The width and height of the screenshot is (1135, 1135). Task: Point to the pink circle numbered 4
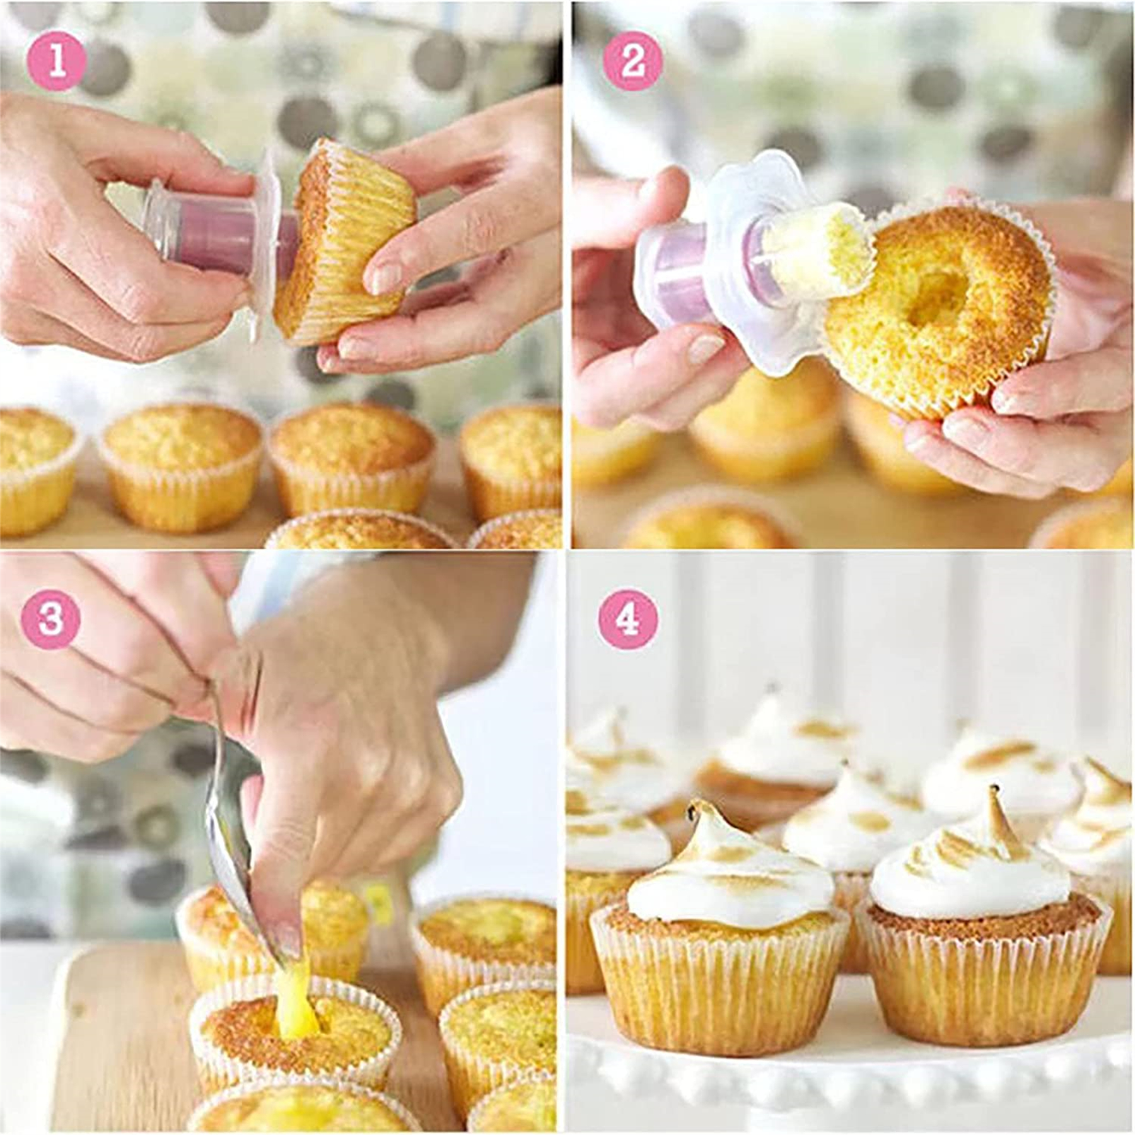pyautogui.click(x=627, y=620)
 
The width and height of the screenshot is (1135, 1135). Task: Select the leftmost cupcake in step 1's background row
pyautogui.click(x=35, y=467)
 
